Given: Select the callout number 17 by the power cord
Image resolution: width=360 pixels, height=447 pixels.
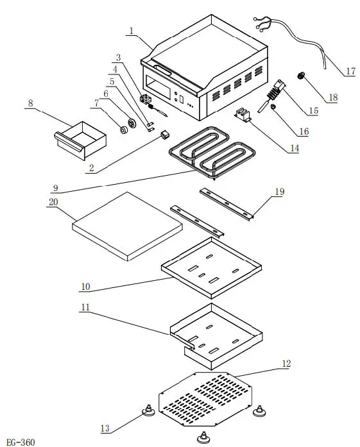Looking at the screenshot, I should tap(350, 71).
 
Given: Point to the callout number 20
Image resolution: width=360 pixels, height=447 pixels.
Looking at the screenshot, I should tap(54, 202).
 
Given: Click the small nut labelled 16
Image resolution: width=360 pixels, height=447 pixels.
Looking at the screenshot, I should tap(273, 108).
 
